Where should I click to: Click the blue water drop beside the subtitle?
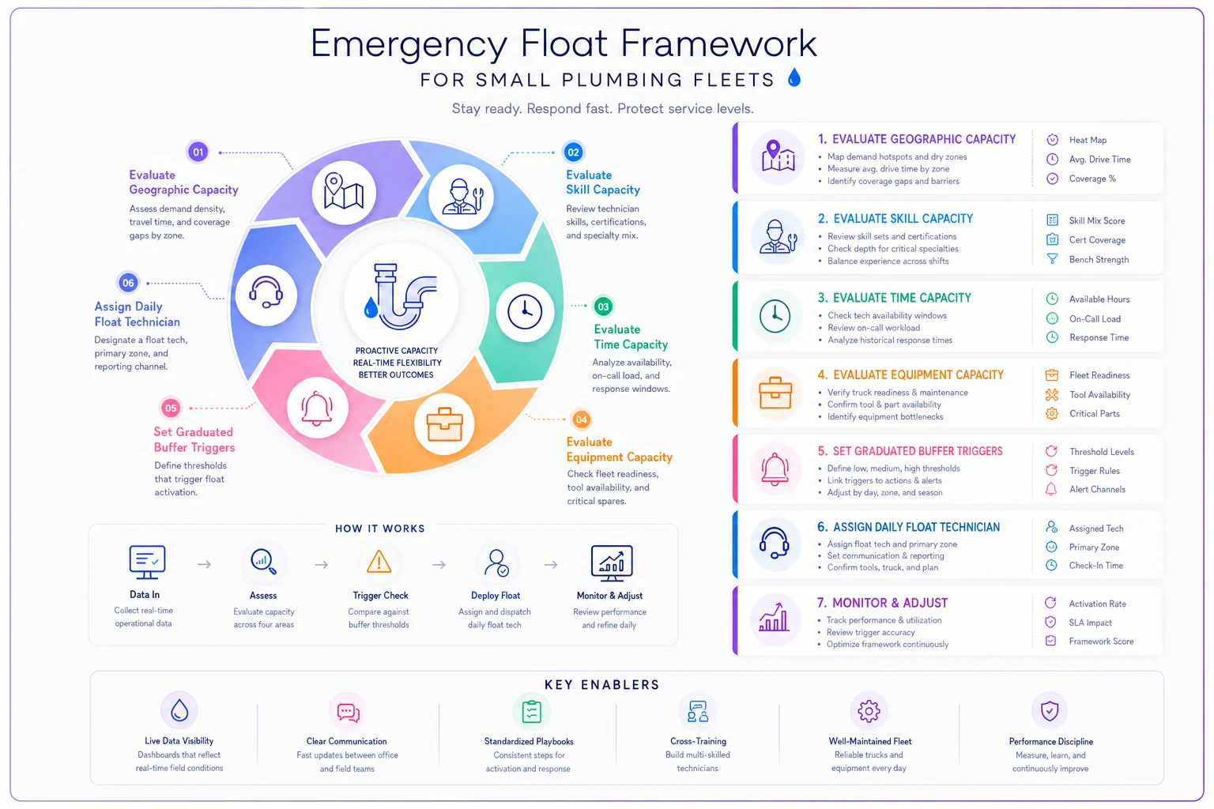click(x=794, y=77)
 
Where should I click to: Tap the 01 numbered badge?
click(x=198, y=152)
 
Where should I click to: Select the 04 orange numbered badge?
click(x=581, y=420)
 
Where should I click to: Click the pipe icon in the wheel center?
click(x=401, y=296)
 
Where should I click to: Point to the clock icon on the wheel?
click(x=525, y=312)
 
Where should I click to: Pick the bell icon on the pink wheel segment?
click(x=317, y=408)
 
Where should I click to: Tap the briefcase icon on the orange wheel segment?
click(x=444, y=424)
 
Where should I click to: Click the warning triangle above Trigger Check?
click(x=379, y=562)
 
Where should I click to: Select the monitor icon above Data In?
click(x=147, y=562)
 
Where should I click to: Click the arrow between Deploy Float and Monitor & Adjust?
click(x=551, y=565)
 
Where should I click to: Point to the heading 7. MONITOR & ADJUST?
click(x=882, y=603)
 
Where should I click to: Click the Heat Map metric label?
click(x=1088, y=140)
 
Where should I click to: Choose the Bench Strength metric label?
click(x=1099, y=260)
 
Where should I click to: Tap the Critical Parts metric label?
click(x=1094, y=413)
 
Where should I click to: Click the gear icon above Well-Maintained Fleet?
click(x=869, y=711)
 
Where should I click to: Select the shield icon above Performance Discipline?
click(x=1050, y=710)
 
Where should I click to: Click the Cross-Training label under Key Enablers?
click(x=698, y=741)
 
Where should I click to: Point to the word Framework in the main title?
click(x=718, y=43)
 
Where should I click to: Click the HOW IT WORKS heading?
click(x=380, y=529)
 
